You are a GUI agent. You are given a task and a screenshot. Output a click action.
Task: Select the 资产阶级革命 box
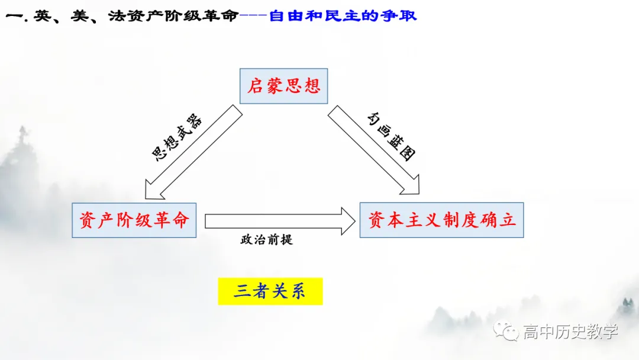pos(134,220)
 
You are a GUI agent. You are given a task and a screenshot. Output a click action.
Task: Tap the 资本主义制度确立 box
pos(441,220)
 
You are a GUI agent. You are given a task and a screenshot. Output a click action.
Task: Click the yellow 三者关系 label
pos(270,291)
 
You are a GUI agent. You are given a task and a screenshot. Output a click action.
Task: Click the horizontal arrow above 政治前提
pos(278,221)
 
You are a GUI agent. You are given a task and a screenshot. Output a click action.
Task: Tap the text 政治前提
pos(266,240)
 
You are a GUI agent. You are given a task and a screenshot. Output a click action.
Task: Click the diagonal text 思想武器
pos(177,138)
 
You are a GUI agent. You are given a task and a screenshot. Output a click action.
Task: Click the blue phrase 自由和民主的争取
pos(343,15)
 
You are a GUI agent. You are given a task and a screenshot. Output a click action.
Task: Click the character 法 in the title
pos(116,15)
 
